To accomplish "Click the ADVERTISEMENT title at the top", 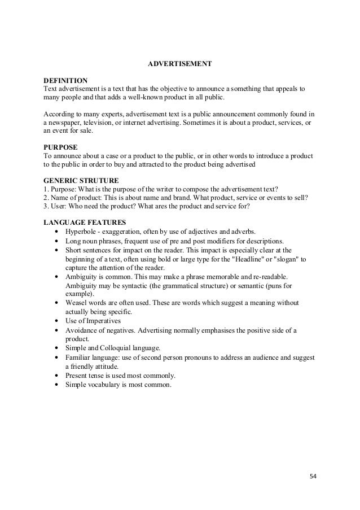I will (179, 66).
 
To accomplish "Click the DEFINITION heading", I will (65, 81).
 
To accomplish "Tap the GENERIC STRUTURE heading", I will (81, 180).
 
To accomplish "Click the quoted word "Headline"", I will (242, 259).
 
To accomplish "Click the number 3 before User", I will (45, 207).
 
